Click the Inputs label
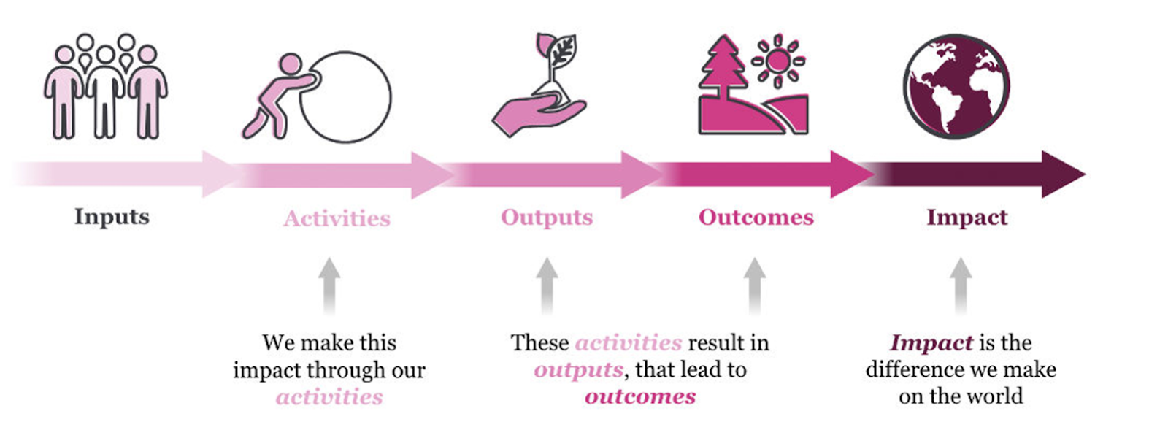[112, 217]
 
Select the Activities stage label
[337, 218]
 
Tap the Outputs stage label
[547, 218]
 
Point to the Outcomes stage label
[756, 218]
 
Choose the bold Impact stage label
[967, 218]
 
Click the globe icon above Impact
[956, 86]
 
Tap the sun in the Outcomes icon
[778, 61]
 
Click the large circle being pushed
[345, 97]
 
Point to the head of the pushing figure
[290, 64]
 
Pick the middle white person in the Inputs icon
[105, 92]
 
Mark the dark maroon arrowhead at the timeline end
[1061, 174]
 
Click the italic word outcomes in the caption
[640, 396]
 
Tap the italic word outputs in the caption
[578, 370]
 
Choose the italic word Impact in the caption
[931, 343]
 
